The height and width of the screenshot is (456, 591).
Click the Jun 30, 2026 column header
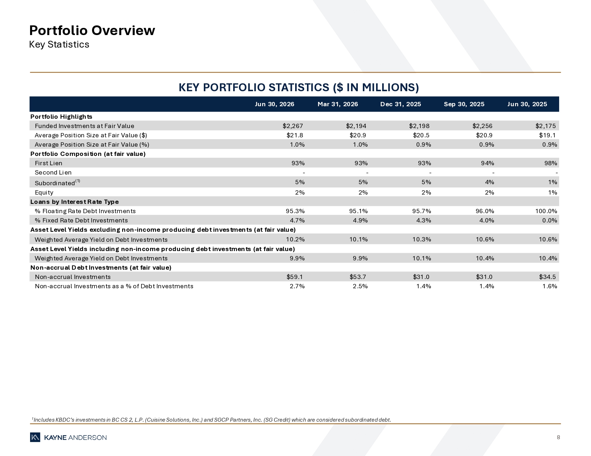(x=274, y=104)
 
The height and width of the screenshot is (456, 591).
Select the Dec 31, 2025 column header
(x=400, y=104)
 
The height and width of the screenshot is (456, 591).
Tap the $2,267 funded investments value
(x=293, y=126)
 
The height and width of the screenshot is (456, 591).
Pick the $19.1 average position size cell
(x=547, y=135)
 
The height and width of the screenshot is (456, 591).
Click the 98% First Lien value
(x=551, y=163)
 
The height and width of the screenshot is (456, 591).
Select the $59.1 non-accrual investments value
(x=294, y=277)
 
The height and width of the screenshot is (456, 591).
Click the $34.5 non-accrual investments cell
(x=547, y=277)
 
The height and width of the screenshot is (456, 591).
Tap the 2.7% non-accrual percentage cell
(x=297, y=286)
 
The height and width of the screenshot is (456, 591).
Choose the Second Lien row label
(x=53, y=172)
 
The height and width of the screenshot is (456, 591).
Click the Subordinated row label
(x=57, y=182)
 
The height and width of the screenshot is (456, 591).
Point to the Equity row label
(x=44, y=192)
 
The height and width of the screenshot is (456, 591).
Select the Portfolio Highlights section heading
(x=61, y=117)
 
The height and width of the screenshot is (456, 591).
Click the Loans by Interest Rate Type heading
(x=75, y=202)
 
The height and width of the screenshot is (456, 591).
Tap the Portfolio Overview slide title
(x=92, y=30)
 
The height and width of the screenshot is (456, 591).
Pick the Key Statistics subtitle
(x=59, y=45)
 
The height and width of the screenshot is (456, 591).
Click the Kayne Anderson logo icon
(x=35, y=437)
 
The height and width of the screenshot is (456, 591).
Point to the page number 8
(x=558, y=437)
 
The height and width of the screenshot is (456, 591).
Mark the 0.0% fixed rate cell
(x=550, y=221)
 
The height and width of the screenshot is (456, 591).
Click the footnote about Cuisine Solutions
(x=211, y=420)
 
